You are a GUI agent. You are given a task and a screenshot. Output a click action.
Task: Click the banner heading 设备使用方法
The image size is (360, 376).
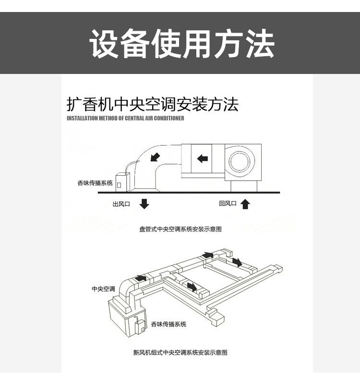coord(181,44)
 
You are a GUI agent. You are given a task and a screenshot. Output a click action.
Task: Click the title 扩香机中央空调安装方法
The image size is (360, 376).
coord(152,104)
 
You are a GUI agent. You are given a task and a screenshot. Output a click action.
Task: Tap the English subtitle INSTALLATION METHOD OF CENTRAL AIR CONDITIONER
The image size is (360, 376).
coord(125,118)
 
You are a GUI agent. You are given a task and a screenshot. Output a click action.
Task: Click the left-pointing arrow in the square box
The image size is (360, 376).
coord(203,158)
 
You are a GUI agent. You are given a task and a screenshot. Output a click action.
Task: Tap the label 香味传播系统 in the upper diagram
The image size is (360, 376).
coord(95,183)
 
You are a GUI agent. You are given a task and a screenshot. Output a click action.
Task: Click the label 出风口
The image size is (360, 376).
coord(121,204)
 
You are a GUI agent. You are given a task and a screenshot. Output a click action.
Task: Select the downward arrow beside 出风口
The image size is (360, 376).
coord(144,204)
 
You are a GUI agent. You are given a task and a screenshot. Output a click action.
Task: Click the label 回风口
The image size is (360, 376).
coord(228,204)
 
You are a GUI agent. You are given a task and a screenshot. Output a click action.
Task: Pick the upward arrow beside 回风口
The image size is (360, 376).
coord(245,204)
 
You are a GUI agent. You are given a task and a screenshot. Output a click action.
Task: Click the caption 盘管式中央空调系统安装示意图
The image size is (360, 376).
coord(180,230)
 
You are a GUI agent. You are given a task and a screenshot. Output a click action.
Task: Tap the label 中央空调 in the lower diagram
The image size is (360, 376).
coord(103,289)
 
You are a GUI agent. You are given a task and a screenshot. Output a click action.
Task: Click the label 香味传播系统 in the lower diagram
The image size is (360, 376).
coord(168,324)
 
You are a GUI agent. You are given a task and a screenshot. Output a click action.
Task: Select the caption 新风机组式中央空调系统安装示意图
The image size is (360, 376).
coord(180,352)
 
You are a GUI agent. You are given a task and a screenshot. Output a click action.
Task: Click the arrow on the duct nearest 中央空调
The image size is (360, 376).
coord(141,278)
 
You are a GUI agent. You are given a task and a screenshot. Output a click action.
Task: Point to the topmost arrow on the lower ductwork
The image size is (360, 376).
coord(207,255)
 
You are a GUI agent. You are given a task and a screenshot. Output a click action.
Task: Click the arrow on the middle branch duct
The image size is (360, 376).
coord(192,287)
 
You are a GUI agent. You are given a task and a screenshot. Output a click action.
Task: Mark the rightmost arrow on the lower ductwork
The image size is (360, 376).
coord(237,262)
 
